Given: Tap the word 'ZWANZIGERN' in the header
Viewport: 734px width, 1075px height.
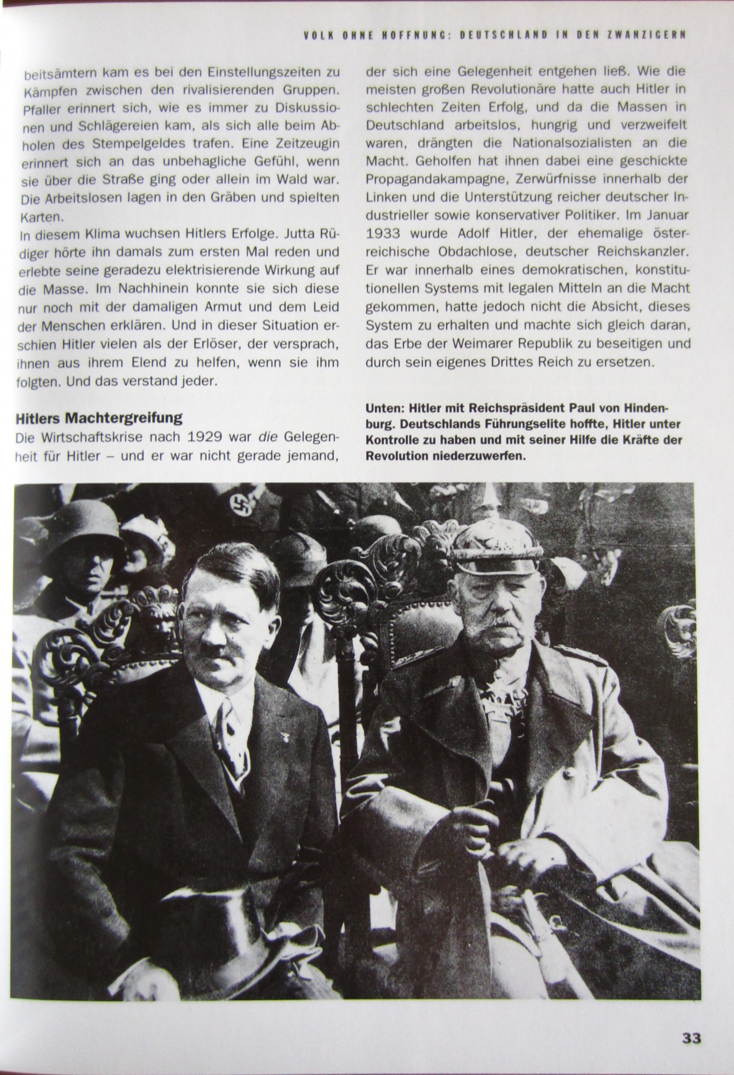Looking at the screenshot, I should click(651, 35).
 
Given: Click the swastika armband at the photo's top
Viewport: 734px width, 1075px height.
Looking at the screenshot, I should click(240, 506).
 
